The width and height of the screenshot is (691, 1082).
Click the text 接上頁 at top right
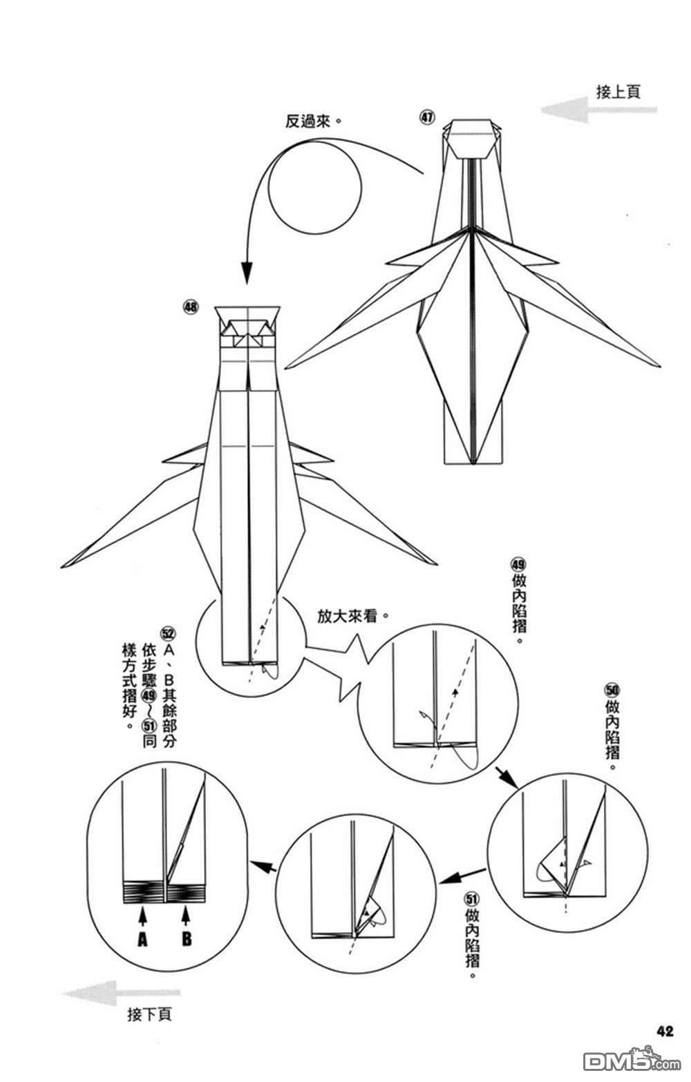(x=618, y=92)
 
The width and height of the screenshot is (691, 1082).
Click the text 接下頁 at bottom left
(x=149, y=1014)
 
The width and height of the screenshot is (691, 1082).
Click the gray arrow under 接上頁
(x=598, y=110)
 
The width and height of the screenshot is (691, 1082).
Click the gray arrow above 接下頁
(x=121, y=994)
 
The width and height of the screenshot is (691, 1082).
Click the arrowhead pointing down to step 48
(x=246, y=273)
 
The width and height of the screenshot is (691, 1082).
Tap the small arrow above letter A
(x=142, y=915)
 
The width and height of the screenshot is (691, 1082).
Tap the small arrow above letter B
(x=186, y=915)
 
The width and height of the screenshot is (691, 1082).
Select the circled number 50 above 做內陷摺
(x=612, y=690)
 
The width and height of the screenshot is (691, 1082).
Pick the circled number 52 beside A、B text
(x=168, y=633)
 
